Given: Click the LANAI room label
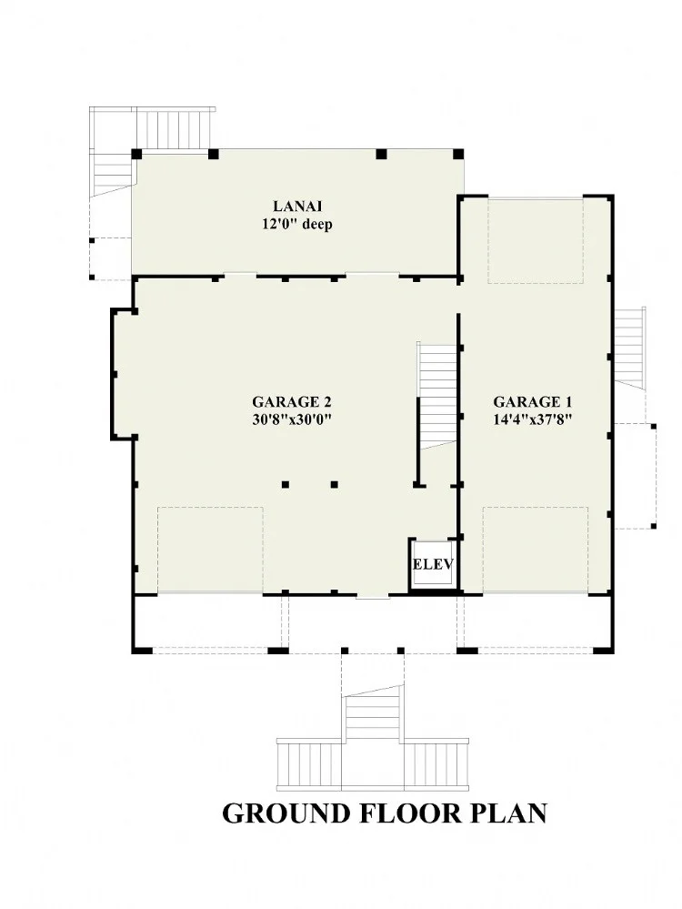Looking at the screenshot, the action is [x=297, y=207].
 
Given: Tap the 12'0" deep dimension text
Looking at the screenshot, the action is [x=297, y=225].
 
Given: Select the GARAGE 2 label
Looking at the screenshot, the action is [x=292, y=402].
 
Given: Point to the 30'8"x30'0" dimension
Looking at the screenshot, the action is [x=292, y=419].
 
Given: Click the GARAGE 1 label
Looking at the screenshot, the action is [x=533, y=402].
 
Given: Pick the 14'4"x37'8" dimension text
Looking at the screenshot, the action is [x=533, y=419].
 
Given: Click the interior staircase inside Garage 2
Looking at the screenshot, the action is [x=437, y=396].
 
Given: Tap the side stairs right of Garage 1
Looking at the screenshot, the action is [x=630, y=347].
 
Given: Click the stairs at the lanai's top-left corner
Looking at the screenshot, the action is [x=151, y=147].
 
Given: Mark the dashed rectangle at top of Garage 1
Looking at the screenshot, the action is [x=536, y=241].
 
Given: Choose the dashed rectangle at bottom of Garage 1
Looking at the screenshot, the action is [x=536, y=550].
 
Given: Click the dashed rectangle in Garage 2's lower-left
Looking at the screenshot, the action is [x=210, y=550].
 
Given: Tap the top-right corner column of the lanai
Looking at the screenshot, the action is [x=458, y=154].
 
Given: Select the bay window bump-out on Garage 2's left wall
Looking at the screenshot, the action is [x=123, y=375].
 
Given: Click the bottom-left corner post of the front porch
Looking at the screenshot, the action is [x=141, y=650].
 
